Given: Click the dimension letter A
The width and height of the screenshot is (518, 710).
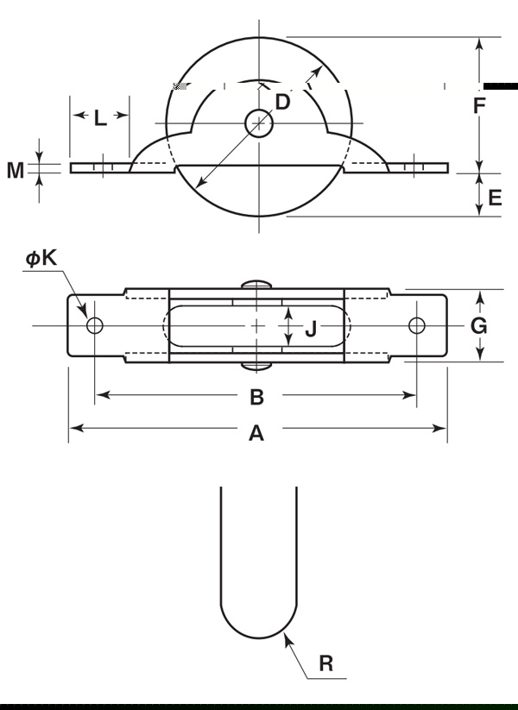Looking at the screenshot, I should [x=256, y=434].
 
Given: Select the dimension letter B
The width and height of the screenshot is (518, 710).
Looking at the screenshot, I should [x=256, y=397].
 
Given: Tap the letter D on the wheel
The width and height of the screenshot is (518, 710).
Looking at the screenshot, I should [x=282, y=102].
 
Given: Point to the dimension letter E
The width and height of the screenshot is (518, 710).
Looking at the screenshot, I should [x=495, y=198].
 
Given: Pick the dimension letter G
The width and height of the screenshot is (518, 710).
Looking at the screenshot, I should [x=479, y=325].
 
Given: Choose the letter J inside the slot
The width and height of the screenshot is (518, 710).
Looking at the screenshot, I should [x=311, y=328].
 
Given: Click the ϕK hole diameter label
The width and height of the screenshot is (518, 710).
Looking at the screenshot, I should [x=41, y=258].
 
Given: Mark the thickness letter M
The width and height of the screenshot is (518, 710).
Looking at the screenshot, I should [x=16, y=170].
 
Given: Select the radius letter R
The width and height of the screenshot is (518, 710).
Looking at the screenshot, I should [x=325, y=663].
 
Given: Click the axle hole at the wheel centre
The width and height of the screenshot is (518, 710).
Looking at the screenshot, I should [x=258, y=123].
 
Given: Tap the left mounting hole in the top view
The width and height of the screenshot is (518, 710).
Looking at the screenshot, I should [x=94, y=325].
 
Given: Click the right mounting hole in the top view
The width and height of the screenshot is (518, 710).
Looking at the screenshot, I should [x=417, y=325].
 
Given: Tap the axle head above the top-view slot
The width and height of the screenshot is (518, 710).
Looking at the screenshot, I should [x=257, y=284].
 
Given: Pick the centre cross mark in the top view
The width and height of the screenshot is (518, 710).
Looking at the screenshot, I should [x=257, y=325].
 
